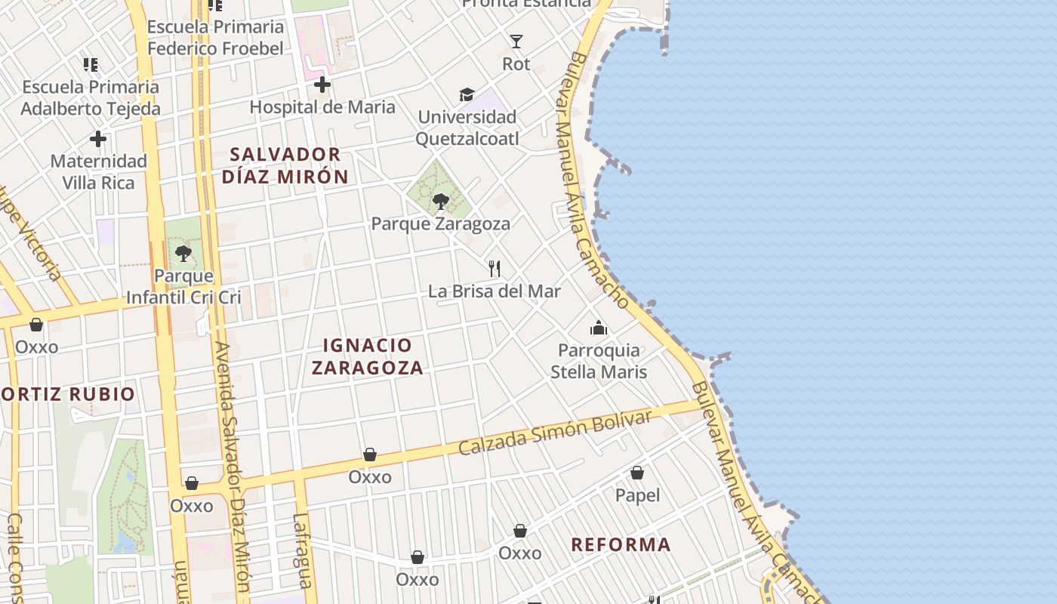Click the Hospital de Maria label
click(x=322, y=107)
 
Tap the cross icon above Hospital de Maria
click(x=322, y=85)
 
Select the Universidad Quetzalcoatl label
click(x=467, y=128)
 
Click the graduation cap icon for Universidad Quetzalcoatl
click(x=467, y=95)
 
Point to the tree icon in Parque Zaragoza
click(x=441, y=202)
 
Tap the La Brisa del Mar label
click(x=495, y=291)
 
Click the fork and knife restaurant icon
click(x=495, y=268)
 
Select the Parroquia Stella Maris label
click(x=599, y=361)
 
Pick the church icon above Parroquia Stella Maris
click(x=599, y=328)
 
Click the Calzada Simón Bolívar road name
click(x=555, y=433)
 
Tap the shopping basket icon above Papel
click(x=637, y=473)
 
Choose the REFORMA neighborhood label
click(x=621, y=544)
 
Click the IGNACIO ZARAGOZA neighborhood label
click(x=368, y=356)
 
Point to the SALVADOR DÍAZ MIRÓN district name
click(x=285, y=165)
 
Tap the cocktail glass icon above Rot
click(x=516, y=42)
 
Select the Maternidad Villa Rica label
click(x=98, y=171)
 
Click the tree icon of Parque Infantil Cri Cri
click(x=183, y=254)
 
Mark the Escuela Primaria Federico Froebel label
click(x=216, y=38)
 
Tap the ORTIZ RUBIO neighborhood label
click(x=68, y=393)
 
